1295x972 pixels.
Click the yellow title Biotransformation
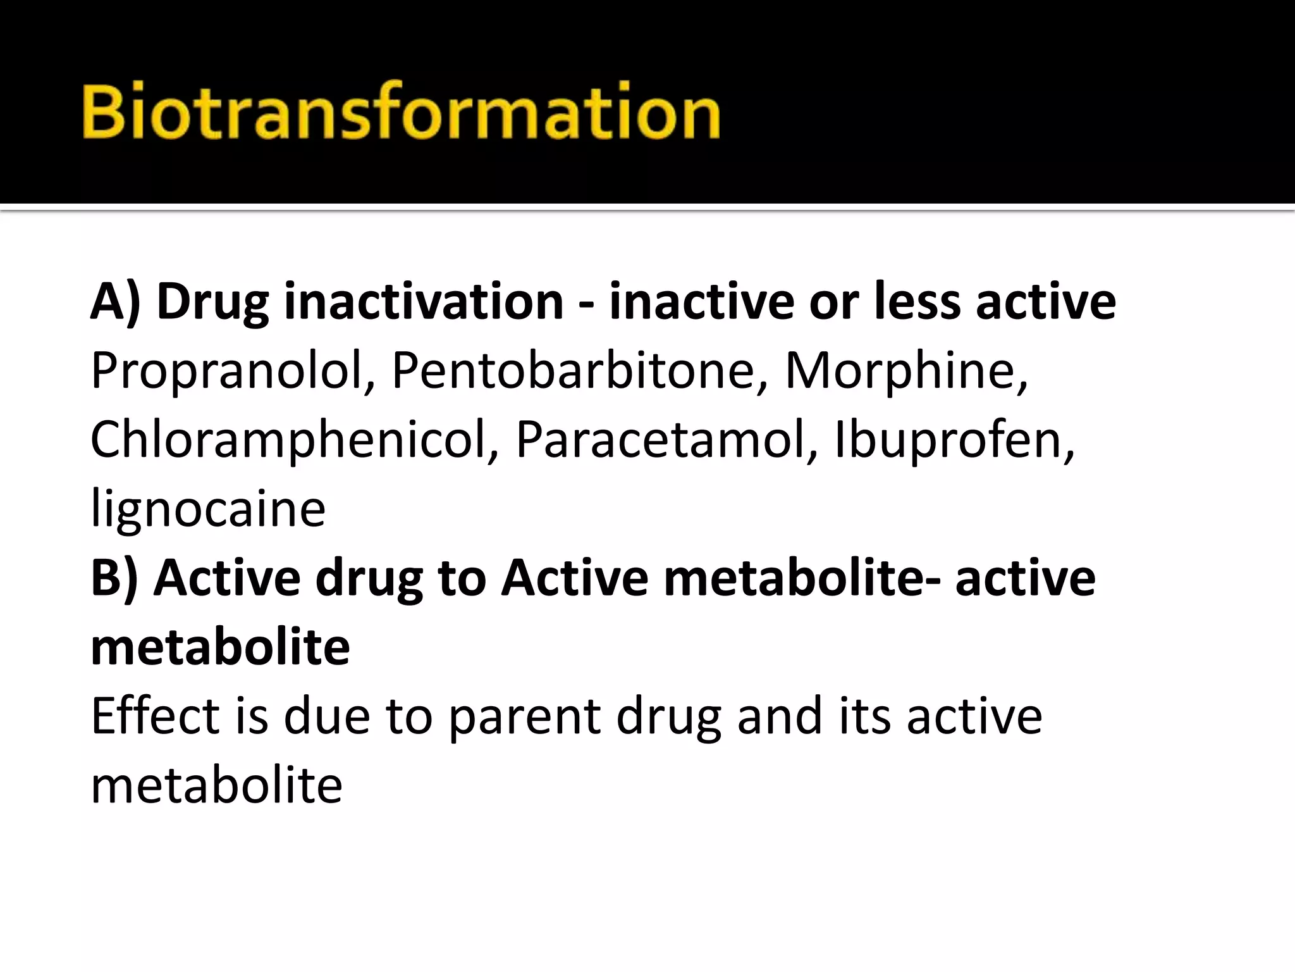click(x=401, y=111)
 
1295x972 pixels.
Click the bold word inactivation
click(x=424, y=301)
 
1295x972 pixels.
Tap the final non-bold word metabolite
click(x=216, y=786)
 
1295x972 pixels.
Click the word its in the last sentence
click(x=866, y=716)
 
